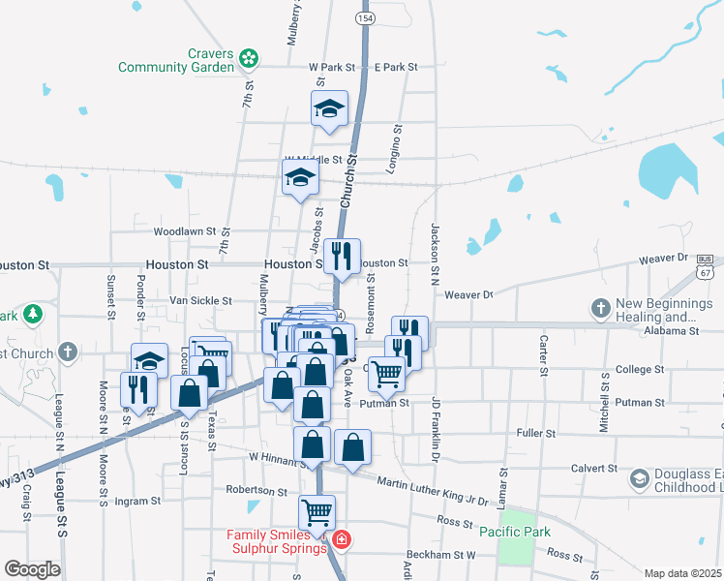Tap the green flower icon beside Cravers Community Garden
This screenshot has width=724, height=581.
pyautogui.click(x=250, y=58)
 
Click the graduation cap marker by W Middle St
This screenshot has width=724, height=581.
pyautogui.click(x=300, y=178)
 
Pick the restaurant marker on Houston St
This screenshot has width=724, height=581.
pyautogui.click(x=342, y=257)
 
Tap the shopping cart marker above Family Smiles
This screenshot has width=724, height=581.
pyautogui.click(x=317, y=512)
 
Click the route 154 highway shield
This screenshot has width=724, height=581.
pyautogui.click(x=365, y=18)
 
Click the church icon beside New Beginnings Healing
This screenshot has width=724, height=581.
pyautogui.click(x=600, y=309)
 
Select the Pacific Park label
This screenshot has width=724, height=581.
pyautogui.click(x=515, y=531)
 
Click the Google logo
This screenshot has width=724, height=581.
pyautogui.click(x=32, y=568)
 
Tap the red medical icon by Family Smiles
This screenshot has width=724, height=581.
pyautogui.click(x=340, y=538)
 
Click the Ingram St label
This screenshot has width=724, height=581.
pyautogui.click(x=136, y=501)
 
